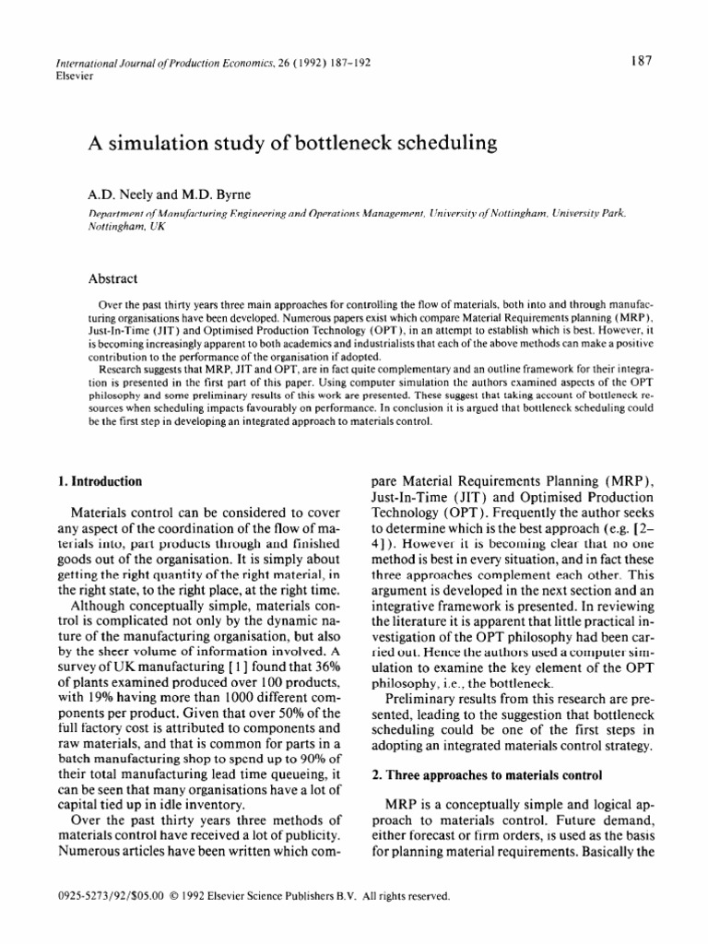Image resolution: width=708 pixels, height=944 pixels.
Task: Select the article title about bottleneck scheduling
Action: pos(291,143)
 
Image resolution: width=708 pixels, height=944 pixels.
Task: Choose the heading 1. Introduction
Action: pos(101,480)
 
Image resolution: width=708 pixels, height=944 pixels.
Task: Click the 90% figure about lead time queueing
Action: pos(317,769)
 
